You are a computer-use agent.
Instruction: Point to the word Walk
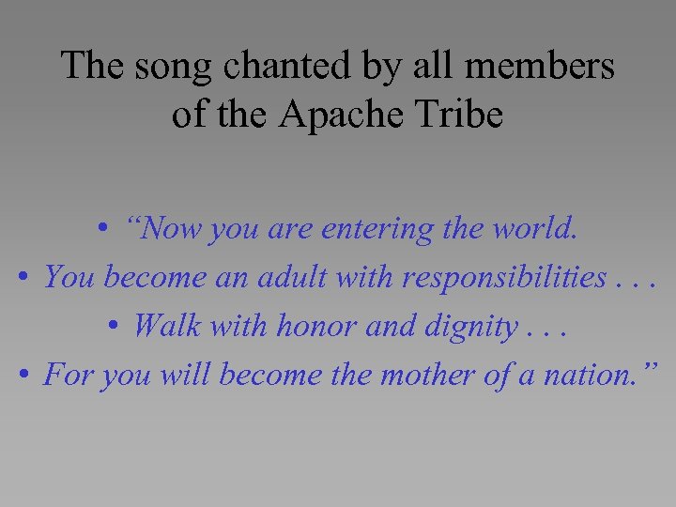pyautogui.click(x=165, y=327)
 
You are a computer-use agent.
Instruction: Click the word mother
pyautogui.click(x=424, y=376)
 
